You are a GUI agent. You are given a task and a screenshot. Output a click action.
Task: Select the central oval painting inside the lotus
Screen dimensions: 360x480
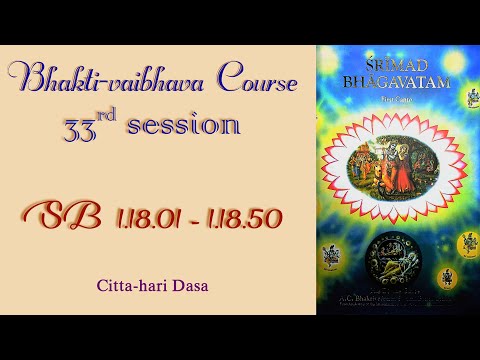[x=398, y=160]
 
